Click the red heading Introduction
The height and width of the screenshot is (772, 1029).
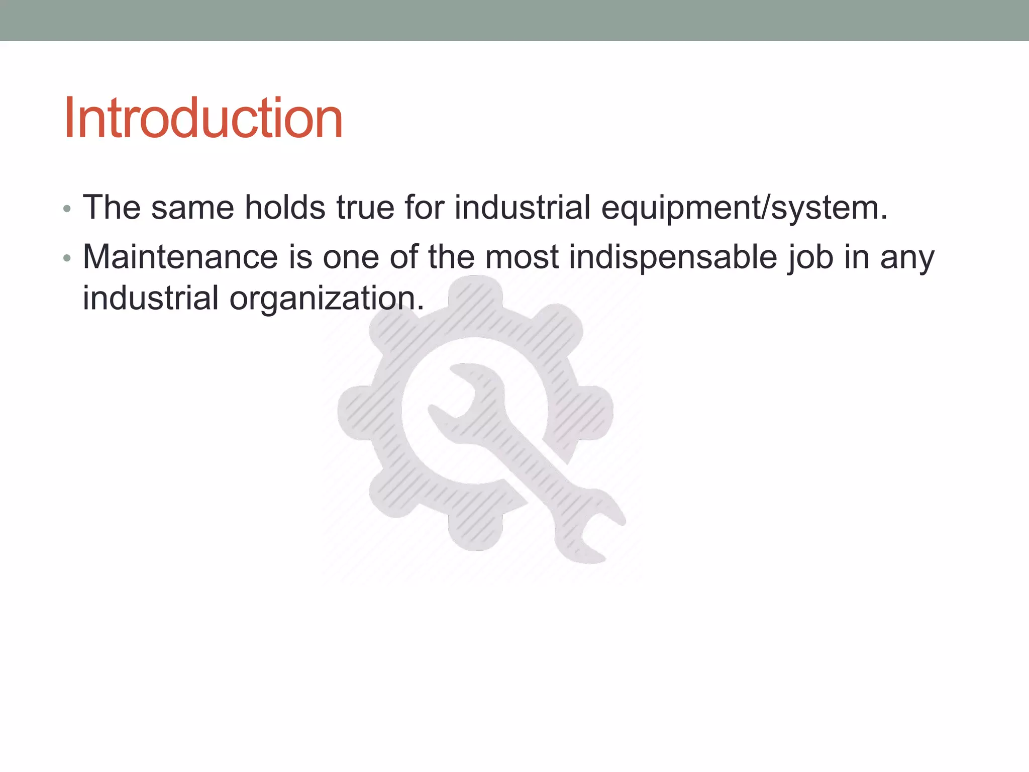(x=203, y=118)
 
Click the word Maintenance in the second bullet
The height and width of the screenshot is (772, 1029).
(x=180, y=257)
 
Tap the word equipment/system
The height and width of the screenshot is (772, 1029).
(x=744, y=208)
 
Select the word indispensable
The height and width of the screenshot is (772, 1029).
(x=673, y=257)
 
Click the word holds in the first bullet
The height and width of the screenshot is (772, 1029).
(x=285, y=208)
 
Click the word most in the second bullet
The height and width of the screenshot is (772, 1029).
(x=522, y=257)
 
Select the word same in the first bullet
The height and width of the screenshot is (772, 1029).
(x=192, y=208)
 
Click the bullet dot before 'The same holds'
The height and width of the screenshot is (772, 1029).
(x=67, y=209)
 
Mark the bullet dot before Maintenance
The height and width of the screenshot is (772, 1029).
(x=67, y=259)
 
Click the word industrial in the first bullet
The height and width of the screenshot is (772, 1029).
(x=522, y=208)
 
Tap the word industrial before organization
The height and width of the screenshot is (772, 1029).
(x=150, y=298)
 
